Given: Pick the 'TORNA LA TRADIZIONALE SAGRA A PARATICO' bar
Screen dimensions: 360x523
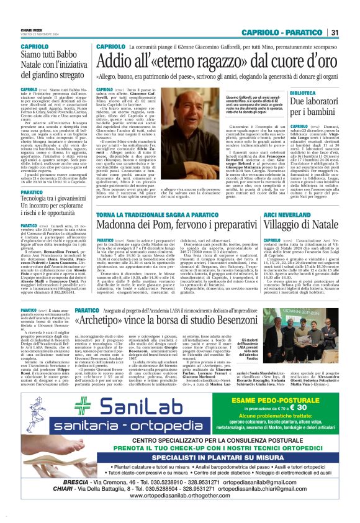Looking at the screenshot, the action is (x=150, y=213).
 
